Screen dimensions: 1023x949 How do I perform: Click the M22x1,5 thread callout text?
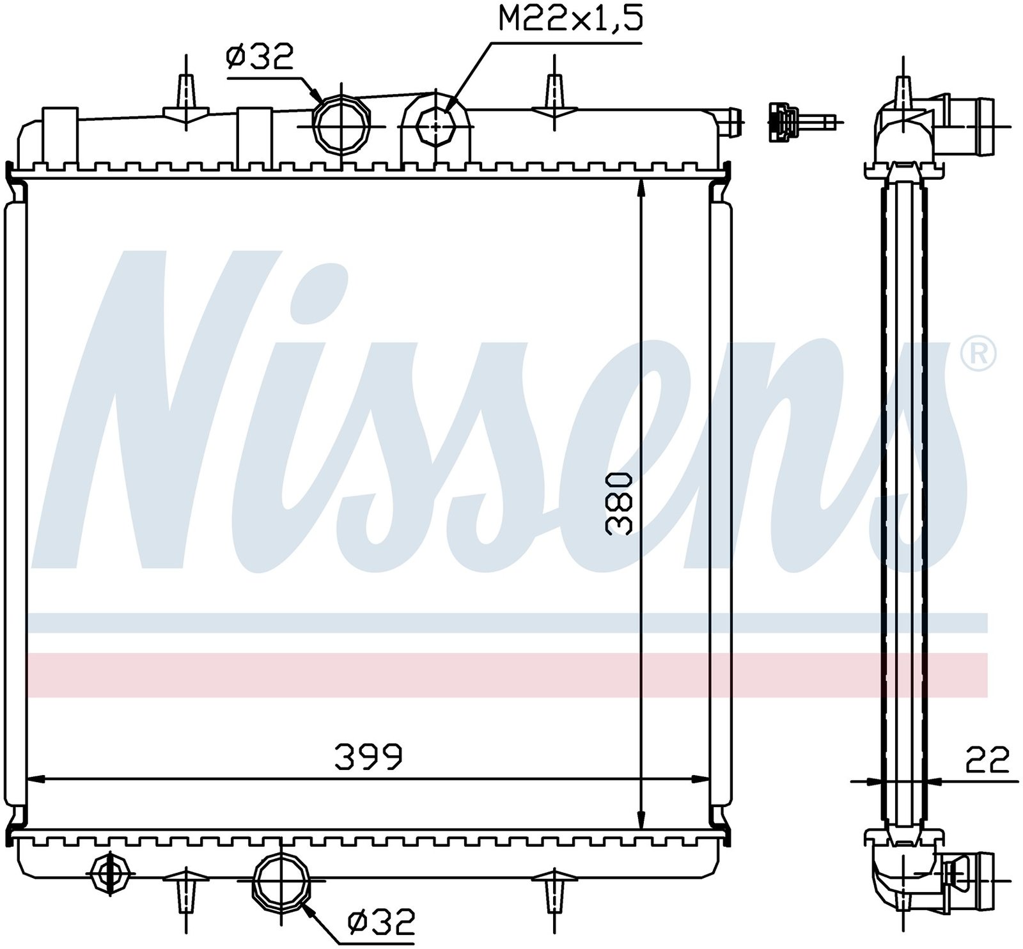pyautogui.click(x=570, y=19)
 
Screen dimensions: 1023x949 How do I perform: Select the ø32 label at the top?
pyautogui.click(x=259, y=57)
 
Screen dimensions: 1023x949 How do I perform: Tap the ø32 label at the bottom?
pyautogui.click(x=381, y=922)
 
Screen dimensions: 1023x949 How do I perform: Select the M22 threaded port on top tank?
pyautogui.click(x=437, y=126)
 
